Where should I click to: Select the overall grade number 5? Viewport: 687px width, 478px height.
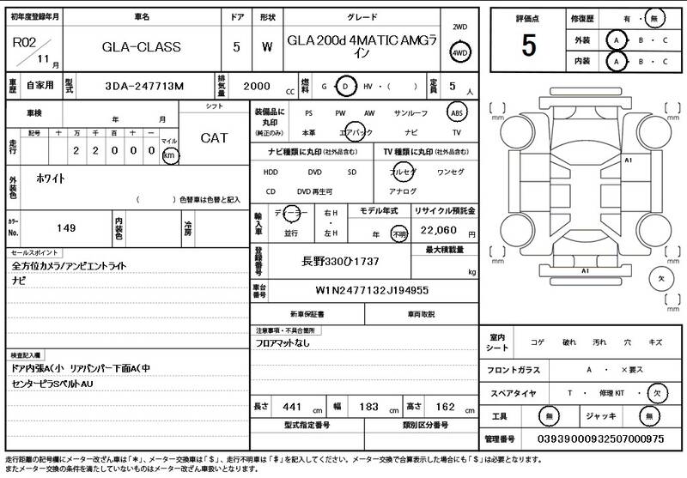[x=528, y=45]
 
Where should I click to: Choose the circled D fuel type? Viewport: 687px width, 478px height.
[x=345, y=87]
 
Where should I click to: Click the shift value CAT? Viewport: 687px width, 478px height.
[x=214, y=137]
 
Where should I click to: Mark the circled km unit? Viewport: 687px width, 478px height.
[x=169, y=155]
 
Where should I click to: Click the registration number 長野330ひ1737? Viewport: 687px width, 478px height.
[x=341, y=260]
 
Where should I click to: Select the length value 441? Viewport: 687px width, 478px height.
[x=294, y=406]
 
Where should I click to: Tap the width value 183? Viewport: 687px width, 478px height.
[x=368, y=406]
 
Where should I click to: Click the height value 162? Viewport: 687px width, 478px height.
[x=445, y=406]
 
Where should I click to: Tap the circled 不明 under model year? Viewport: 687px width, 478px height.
[x=398, y=233]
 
